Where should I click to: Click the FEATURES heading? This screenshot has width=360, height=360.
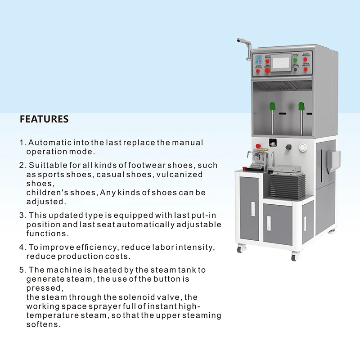pyautogui.click(x=44, y=119)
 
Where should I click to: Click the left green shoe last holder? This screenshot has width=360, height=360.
pyautogui.click(x=272, y=107)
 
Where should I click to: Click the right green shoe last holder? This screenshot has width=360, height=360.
pyautogui.click(x=301, y=107)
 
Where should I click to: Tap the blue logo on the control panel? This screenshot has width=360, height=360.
pyautogui.click(x=258, y=58)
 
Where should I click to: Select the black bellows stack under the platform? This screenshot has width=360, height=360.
pyautogui.click(x=288, y=182)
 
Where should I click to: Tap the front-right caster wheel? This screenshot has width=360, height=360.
pyautogui.click(x=294, y=257)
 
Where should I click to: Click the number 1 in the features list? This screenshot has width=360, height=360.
pyautogui.click(x=21, y=143)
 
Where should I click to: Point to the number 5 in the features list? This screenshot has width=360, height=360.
pyautogui.click(x=22, y=270)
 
